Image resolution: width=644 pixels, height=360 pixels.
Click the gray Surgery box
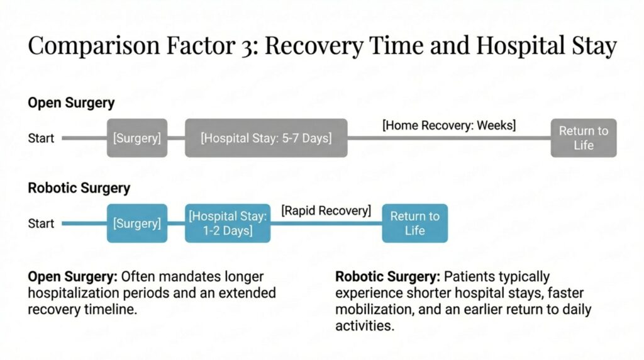pos(136,138)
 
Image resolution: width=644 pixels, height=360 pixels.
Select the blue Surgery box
pos(136,223)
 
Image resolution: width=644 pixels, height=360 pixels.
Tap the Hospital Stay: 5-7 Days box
pos(266,138)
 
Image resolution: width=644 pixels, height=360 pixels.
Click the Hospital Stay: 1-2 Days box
pos(228,223)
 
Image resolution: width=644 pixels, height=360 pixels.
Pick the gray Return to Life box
pos(584,138)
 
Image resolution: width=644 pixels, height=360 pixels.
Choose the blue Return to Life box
pos(415,223)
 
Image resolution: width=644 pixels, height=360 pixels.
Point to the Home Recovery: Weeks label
pos(449,125)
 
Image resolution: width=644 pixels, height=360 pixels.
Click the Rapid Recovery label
pos(326,210)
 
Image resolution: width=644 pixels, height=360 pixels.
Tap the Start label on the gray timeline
pos(42,138)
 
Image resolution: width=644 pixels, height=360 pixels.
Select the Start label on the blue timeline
pos(42,223)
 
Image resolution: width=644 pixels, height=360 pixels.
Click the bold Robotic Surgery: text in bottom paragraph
pos(388,277)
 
